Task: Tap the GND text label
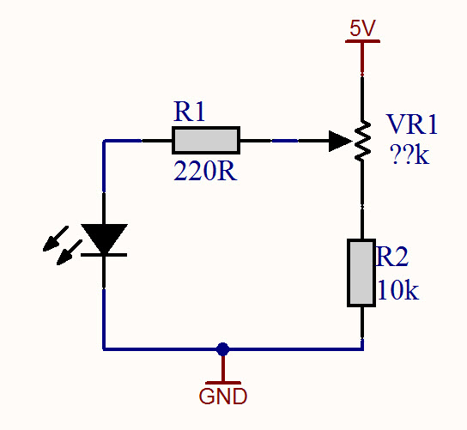coord(223,397)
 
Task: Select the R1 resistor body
coord(206,140)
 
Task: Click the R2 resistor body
coord(361,273)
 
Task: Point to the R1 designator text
coord(190,112)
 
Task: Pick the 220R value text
coord(204,170)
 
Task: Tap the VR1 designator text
coord(412,125)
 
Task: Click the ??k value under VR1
coord(409,158)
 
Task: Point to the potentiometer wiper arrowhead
coord(341,140)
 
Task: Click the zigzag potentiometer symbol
coord(362,140)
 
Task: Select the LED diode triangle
coord(104,239)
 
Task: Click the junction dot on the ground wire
coord(223,348)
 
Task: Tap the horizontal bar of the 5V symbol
coord(362,42)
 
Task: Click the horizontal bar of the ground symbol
coord(223,382)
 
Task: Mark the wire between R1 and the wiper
coord(283,140)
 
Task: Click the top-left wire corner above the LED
coord(104,140)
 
